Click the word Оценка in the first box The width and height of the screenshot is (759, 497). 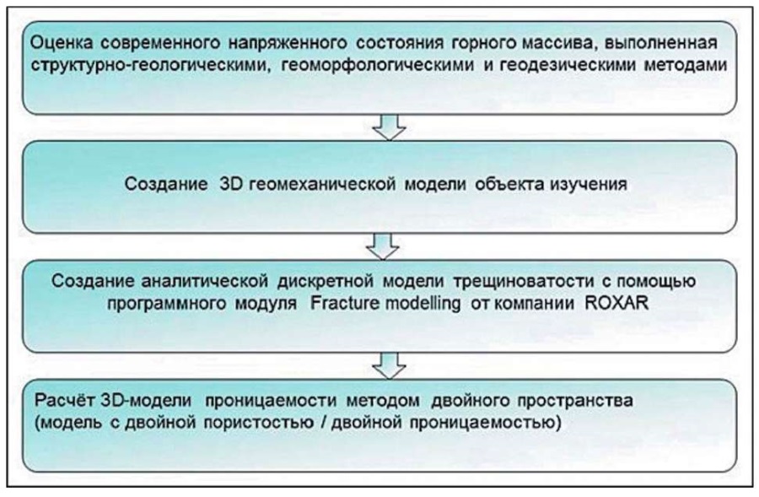[x=61, y=43]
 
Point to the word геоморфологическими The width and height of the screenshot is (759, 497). [x=378, y=65]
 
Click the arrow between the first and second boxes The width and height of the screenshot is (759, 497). [x=389, y=127]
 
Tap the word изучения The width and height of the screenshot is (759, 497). [x=588, y=184]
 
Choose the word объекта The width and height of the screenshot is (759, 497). [x=510, y=184]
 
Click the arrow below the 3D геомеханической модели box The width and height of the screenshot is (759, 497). [x=383, y=246]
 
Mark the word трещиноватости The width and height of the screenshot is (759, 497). [x=524, y=282]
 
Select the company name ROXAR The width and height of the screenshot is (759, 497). [x=616, y=303]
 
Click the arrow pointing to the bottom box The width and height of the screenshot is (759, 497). [x=389, y=365]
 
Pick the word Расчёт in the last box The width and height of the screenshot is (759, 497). [x=66, y=401]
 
